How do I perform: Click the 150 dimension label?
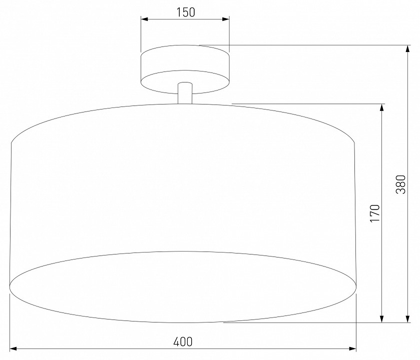tap(186, 12)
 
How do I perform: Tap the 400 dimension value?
tap(183, 342)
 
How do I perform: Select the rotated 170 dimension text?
tap(375, 213)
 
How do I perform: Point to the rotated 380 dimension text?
tap(401, 184)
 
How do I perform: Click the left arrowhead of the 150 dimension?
tap(145, 19)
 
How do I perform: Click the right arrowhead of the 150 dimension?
tap(226, 19)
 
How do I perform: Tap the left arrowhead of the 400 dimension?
tap(14, 349)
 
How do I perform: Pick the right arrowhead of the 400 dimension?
tap(352, 349)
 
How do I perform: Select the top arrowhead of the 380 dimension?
tap(407, 49)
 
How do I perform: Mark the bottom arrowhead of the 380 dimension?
tap(407, 319)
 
